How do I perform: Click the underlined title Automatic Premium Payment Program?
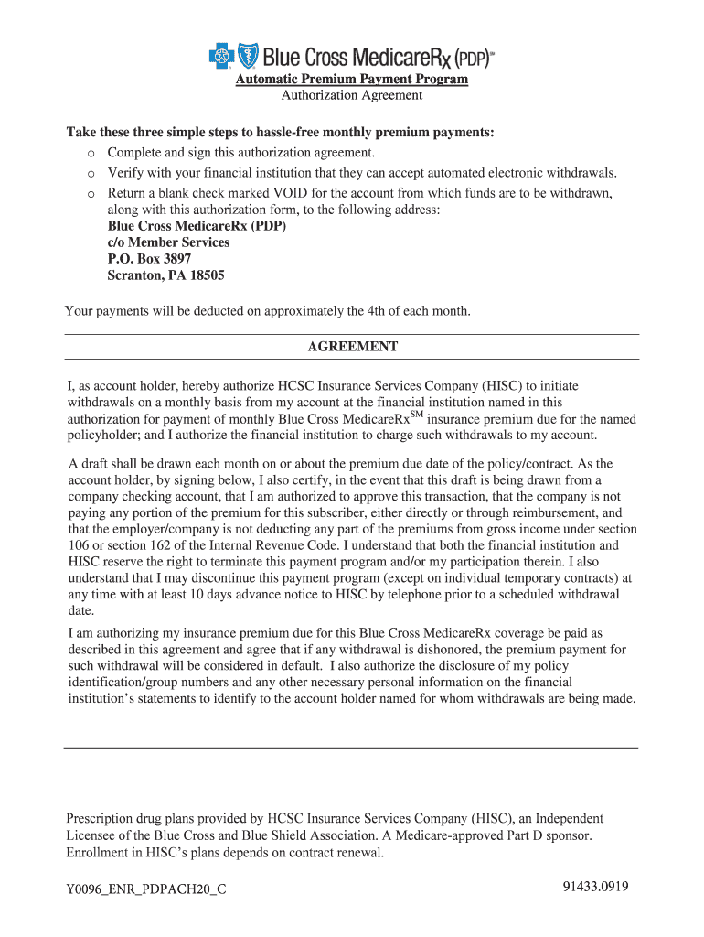click(352, 80)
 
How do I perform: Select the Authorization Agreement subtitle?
click(352, 95)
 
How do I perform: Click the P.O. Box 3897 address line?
click(149, 259)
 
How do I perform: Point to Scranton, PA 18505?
click(165, 275)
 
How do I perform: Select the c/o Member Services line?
click(168, 242)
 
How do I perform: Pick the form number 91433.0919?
click(596, 886)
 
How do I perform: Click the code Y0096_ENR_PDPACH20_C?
click(146, 889)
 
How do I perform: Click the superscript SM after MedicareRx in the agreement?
click(416, 415)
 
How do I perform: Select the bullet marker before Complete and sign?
click(91, 153)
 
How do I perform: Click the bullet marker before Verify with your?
click(91, 173)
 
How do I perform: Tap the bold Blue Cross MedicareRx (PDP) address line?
click(197, 226)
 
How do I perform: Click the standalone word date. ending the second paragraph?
click(80, 611)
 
